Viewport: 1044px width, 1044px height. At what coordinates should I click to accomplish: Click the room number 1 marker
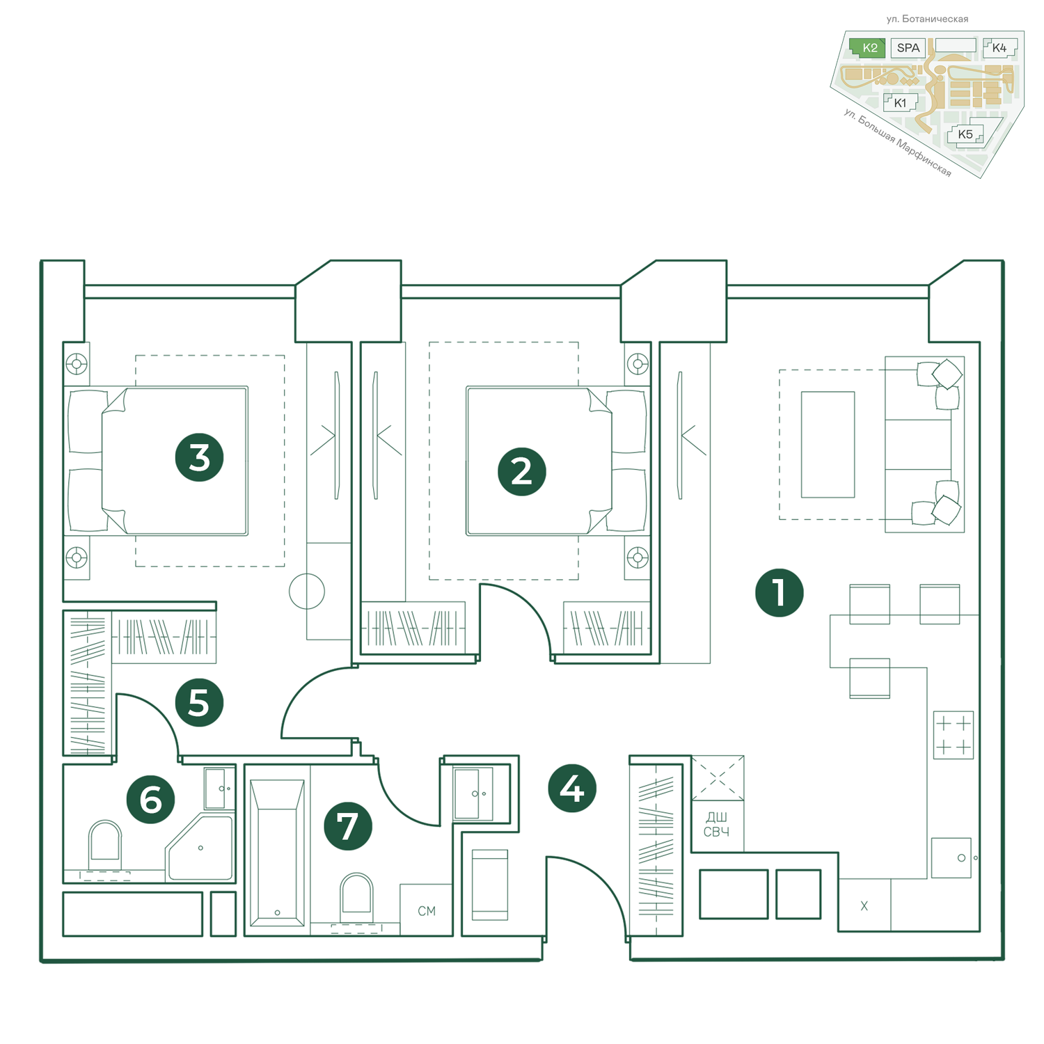779,593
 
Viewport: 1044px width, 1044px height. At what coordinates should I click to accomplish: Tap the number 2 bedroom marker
522,471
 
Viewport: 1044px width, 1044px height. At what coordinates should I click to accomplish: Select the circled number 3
199,457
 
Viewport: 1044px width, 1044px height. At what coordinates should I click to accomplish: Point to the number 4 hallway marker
572,789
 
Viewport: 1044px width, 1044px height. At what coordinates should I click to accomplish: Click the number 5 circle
199,702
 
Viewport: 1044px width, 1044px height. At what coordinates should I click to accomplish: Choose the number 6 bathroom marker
150,800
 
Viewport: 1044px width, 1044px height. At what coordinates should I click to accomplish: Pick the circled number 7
348,826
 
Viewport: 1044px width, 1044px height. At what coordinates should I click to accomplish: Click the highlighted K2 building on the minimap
868,48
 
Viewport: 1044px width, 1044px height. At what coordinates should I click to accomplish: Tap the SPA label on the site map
908,48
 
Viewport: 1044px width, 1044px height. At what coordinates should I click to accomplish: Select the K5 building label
965,134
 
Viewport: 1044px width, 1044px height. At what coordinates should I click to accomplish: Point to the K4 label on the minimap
999,48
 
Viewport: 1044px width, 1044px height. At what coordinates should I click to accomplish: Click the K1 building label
900,103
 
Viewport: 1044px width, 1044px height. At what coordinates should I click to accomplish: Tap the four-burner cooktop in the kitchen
954,735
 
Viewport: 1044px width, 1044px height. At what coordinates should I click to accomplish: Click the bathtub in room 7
277,853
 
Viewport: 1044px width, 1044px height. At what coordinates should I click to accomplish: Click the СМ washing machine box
426,910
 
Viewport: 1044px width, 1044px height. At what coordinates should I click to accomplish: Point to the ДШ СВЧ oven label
717,825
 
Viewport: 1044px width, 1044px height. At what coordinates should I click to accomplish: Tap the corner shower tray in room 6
200,848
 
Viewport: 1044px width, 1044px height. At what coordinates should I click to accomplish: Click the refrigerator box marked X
864,905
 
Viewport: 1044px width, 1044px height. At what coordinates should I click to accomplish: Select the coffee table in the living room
828,444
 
